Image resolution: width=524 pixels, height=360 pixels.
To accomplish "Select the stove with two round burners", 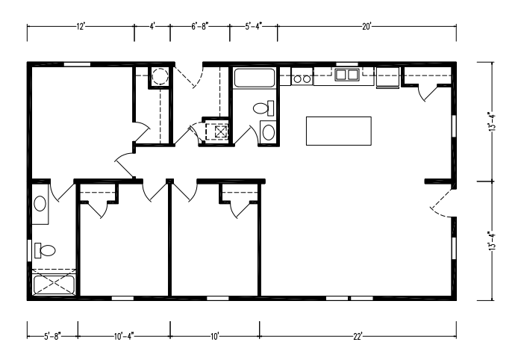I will pos(302,76).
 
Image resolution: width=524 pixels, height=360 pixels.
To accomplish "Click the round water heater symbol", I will pos(158,76).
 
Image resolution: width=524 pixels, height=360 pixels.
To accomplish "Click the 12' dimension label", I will pos(81,27).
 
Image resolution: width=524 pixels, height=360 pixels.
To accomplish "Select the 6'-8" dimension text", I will pos(200,27).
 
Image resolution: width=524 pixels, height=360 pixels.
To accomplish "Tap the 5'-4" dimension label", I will pos(254,27).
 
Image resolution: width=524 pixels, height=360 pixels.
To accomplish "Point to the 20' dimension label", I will pos(367,27).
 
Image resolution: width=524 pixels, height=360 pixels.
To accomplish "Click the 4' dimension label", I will pos(152,27).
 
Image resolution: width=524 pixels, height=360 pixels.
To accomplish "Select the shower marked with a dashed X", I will pos(54,285).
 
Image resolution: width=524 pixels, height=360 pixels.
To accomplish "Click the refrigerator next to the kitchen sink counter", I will pos(387,77).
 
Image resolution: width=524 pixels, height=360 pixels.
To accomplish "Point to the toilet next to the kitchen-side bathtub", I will pos(262,108).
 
